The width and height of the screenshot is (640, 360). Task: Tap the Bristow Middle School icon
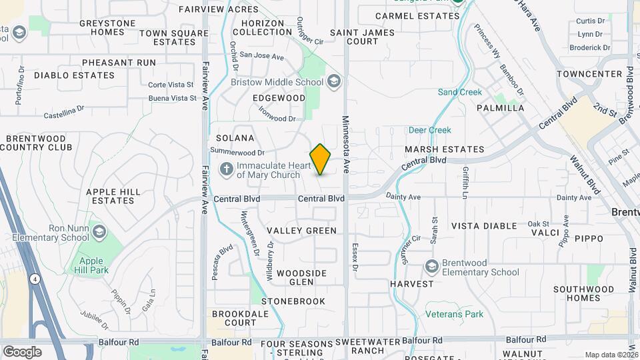(334, 82)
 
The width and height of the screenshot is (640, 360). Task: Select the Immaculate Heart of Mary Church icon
(226, 169)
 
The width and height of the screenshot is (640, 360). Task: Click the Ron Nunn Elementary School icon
(99, 232)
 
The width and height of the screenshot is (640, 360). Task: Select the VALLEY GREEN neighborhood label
(302, 231)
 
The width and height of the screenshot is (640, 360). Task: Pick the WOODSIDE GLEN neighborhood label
(302, 277)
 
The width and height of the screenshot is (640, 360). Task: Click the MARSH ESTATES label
(444, 149)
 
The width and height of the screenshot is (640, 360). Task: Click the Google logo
(22, 351)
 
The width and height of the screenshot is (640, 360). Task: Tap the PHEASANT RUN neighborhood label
(119, 63)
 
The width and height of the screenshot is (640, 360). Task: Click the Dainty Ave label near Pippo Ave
(574, 197)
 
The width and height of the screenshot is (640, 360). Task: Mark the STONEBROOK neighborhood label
(293, 301)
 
